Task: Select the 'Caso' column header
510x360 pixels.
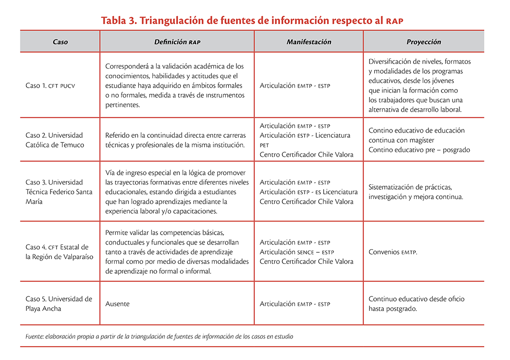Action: pos(60,42)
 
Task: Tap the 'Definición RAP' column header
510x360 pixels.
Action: pos(177,42)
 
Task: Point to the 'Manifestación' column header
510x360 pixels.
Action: pos(309,42)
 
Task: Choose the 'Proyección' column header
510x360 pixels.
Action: pos(424,42)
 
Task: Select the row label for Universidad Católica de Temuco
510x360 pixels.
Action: pos(54,140)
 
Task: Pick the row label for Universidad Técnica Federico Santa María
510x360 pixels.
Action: pos(59,192)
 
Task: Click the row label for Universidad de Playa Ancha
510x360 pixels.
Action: pos(59,304)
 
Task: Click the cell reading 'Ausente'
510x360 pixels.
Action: pos(117,304)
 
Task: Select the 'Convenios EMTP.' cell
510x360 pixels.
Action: pos(393,252)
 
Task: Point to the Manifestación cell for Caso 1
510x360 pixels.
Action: pos(295,86)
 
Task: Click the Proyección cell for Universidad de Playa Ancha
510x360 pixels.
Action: pos(416,304)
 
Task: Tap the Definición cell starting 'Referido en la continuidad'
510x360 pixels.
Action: pos(176,140)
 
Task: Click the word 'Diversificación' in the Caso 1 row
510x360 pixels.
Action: pos(392,61)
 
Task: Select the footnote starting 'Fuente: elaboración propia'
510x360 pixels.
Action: pos(159,336)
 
